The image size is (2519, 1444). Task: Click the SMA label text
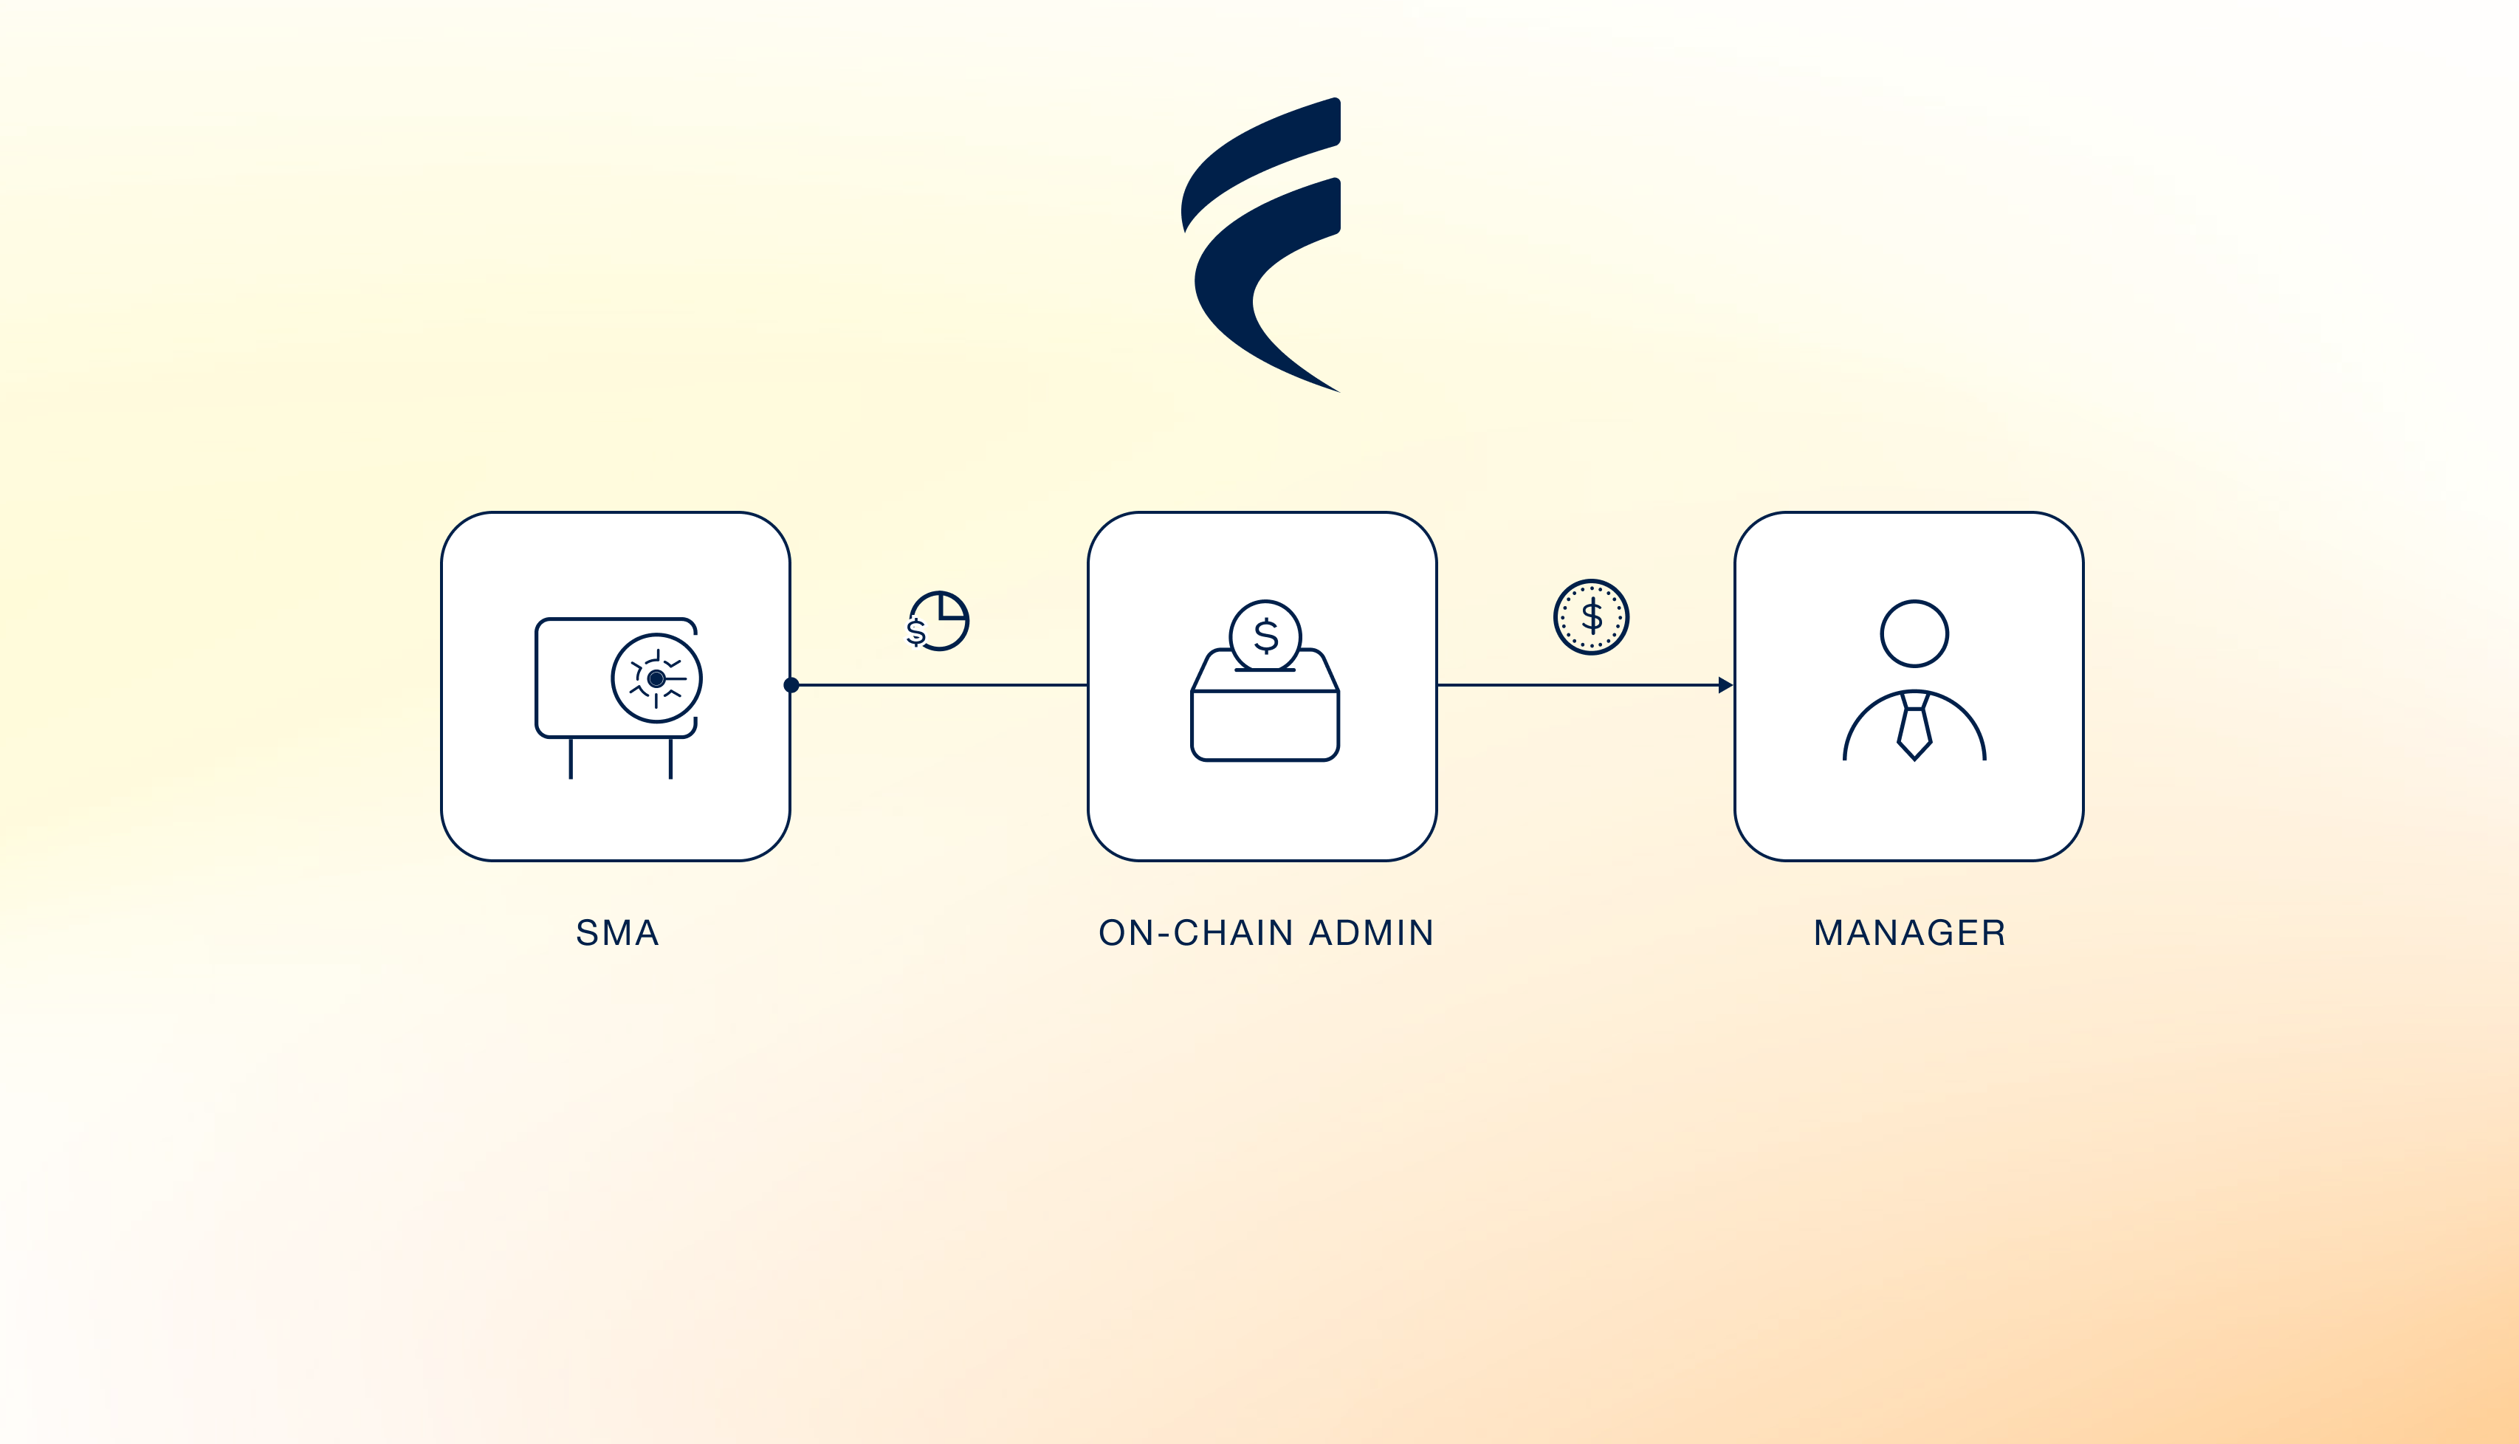click(617, 933)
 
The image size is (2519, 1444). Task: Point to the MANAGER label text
click(1909, 933)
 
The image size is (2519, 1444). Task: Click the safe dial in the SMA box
click(656, 678)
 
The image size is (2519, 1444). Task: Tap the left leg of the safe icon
click(571, 759)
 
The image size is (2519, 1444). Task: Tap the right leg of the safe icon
click(670, 759)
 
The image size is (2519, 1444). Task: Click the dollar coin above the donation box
click(1265, 635)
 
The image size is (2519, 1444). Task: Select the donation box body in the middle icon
click(1265, 726)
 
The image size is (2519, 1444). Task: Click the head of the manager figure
click(1914, 633)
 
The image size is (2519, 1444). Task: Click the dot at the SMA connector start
click(791, 685)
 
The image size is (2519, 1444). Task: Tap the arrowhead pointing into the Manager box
click(1725, 685)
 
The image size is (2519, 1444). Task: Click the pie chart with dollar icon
click(940, 621)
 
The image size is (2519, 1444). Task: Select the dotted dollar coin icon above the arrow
click(1591, 617)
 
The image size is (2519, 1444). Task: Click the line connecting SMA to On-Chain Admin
click(942, 685)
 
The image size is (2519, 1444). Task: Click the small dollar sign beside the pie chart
click(916, 632)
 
